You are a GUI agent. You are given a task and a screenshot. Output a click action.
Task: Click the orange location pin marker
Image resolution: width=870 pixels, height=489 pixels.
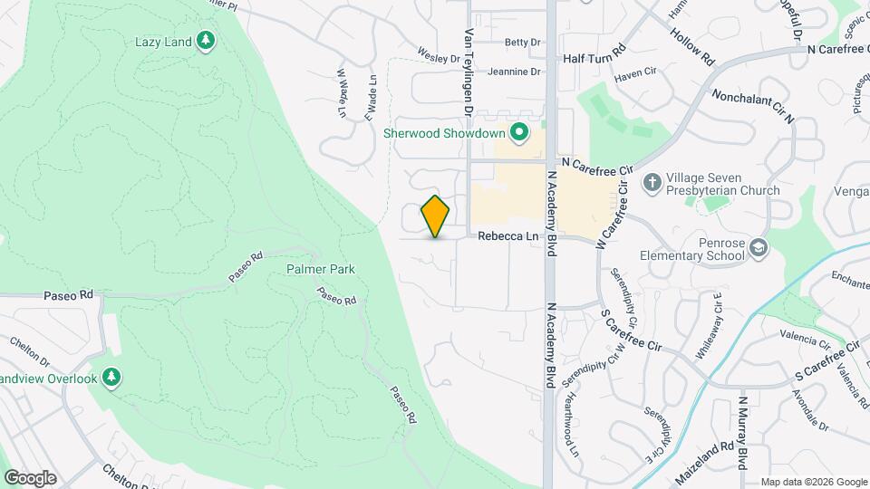[436, 216]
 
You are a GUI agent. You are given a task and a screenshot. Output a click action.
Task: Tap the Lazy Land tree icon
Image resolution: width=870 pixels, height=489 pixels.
[207, 41]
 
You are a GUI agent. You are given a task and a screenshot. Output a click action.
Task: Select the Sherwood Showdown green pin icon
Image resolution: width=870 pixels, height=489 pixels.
[519, 133]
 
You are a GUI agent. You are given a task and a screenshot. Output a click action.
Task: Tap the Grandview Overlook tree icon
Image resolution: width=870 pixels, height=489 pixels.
[111, 378]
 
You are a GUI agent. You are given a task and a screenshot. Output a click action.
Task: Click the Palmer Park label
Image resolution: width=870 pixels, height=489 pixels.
[320, 269]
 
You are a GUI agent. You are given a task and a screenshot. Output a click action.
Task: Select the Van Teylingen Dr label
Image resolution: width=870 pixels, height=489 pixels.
[469, 72]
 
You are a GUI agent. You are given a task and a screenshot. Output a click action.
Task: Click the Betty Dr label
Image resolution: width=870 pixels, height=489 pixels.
[522, 42]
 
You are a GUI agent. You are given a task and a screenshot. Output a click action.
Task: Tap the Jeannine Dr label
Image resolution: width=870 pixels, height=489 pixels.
[513, 72]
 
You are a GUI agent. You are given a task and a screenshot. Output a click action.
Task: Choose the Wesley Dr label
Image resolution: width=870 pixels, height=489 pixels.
[439, 56]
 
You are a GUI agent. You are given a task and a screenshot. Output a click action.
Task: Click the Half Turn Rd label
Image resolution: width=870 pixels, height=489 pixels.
[594, 56]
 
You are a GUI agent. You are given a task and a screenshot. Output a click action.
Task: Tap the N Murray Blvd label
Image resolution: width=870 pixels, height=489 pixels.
[743, 433]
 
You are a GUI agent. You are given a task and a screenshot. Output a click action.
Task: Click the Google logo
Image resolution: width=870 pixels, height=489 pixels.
[31, 477]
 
